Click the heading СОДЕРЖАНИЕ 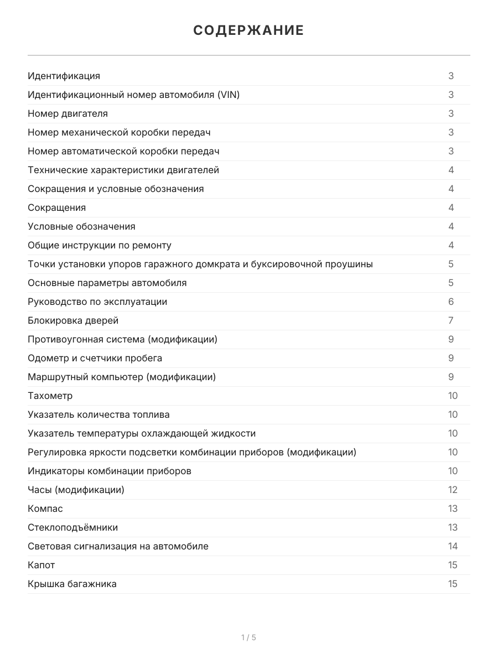(x=248, y=30)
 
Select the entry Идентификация (x=64, y=76)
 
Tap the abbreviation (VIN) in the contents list (x=229, y=95)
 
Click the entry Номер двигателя (x=68, y=113)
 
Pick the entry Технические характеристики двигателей (x=123, y=170)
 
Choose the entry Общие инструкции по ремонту (x=100, y=245)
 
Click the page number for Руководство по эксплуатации (x=451, y=302)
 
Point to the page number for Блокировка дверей (x=451, y=320)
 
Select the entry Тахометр (x=50, y=396)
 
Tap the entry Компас (x=45, y=509)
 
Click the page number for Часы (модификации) (x=453, y=490)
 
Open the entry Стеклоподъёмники (x=73, y=527)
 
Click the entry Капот (x=41, y=565)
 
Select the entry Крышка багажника (x=72, y=584)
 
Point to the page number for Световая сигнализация (x=453, y=546)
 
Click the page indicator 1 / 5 (x=248, y=637)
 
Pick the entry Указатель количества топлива (x=99, y=414)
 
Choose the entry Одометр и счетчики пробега (x=95, y=358)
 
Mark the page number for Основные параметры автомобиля (x=451, y=283)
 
